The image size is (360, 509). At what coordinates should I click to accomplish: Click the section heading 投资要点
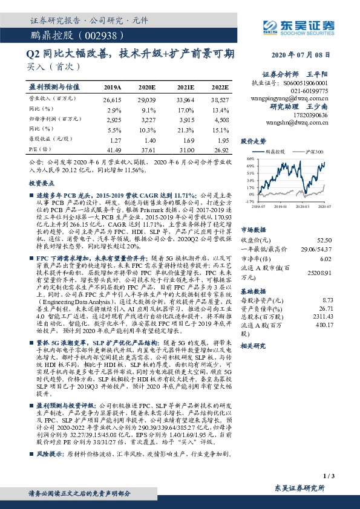click(42, 182)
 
